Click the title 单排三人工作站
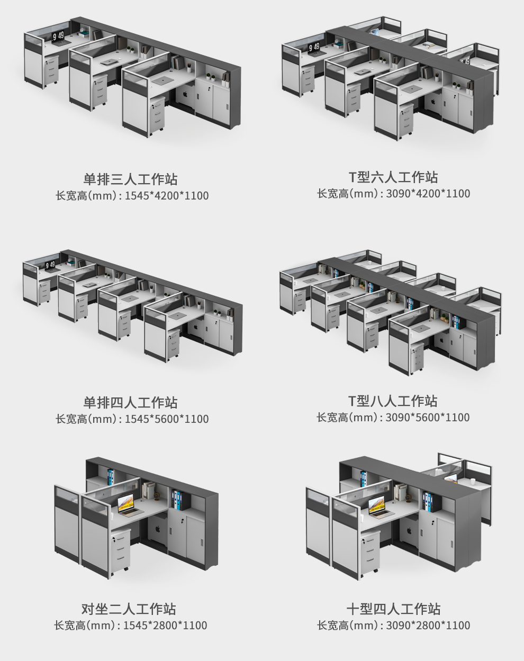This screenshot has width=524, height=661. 130,179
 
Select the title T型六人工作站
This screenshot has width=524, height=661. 393,177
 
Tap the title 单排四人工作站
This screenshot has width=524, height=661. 130,402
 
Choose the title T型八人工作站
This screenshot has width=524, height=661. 393,401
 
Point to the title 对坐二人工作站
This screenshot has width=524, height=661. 129,609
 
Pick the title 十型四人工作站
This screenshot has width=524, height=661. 393,609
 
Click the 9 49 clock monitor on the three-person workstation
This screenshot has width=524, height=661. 58,36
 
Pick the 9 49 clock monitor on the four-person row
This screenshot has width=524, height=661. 50,265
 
